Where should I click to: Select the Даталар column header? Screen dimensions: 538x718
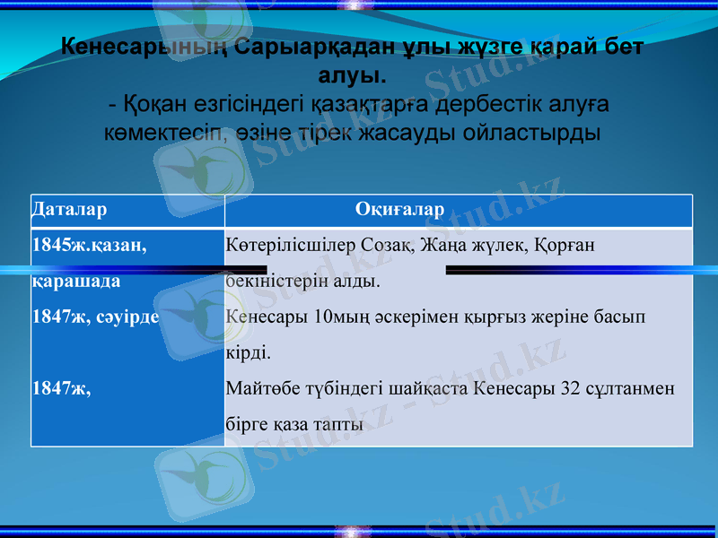click(69, 210)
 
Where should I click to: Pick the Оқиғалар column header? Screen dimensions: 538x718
click(400, 210)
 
